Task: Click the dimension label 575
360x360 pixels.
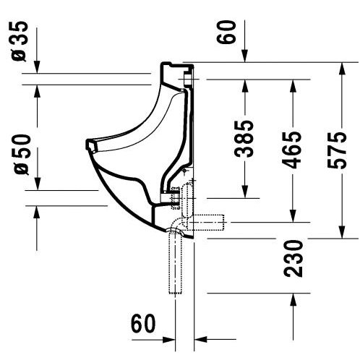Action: [x=337, y=150]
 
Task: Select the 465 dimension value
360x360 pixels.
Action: [x=292, y=150]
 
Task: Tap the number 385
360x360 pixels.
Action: [x=244, y=139]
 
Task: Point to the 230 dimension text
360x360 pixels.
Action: [x=293, y=258]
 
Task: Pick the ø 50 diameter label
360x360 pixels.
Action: [x=22, y=154]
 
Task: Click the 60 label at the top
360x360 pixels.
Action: [x=226, y=32]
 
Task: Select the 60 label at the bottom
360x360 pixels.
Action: [x=143, y=323]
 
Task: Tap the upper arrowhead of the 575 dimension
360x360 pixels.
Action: [x=342, y=68]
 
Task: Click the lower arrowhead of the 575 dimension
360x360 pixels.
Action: [x=342, y=233]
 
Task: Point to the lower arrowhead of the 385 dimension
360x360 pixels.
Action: [x=245, y=192]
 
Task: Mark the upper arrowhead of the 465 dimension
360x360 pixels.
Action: [x=293, y=85]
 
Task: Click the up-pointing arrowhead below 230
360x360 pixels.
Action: [x=293, y=299]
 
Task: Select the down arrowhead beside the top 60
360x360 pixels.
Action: [x=245, y=56]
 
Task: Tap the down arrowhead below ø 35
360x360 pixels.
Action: [x=37, y=67]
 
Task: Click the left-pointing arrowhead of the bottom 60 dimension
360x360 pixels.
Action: [x=200, y=340]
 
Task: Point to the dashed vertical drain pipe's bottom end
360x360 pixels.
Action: [x=175, y=293]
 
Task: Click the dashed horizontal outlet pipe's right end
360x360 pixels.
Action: [x=224, y=222]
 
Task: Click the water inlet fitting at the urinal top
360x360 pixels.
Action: [x=188, y=79]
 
